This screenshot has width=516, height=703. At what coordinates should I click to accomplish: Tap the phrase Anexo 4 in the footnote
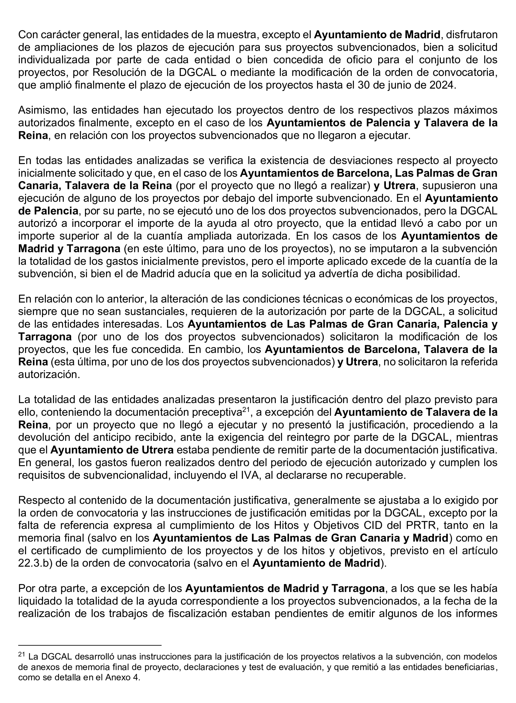tap(123, 678)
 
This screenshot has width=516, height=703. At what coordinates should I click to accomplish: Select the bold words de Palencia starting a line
tap(48, 211)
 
